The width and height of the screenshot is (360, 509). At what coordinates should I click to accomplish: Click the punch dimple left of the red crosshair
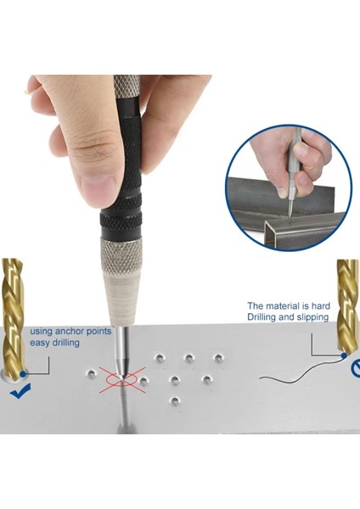tap(91, 373)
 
